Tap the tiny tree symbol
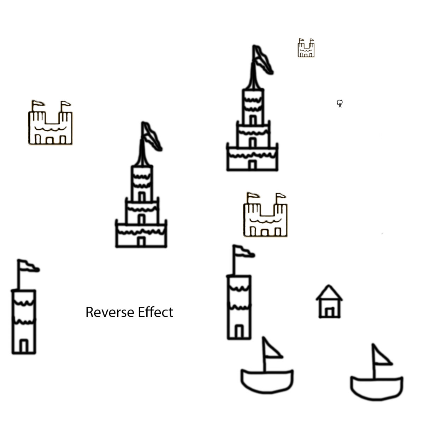340,103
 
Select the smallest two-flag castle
306,48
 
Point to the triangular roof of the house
329,293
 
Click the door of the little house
330,312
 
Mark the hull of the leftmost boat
267,380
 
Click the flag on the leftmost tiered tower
151,136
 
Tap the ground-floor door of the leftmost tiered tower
141,241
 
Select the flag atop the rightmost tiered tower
263,59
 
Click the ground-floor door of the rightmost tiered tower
252,165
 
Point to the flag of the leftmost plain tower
28,266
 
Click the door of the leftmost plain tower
24,346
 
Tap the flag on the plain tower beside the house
243,251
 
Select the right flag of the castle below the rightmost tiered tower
281,196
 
